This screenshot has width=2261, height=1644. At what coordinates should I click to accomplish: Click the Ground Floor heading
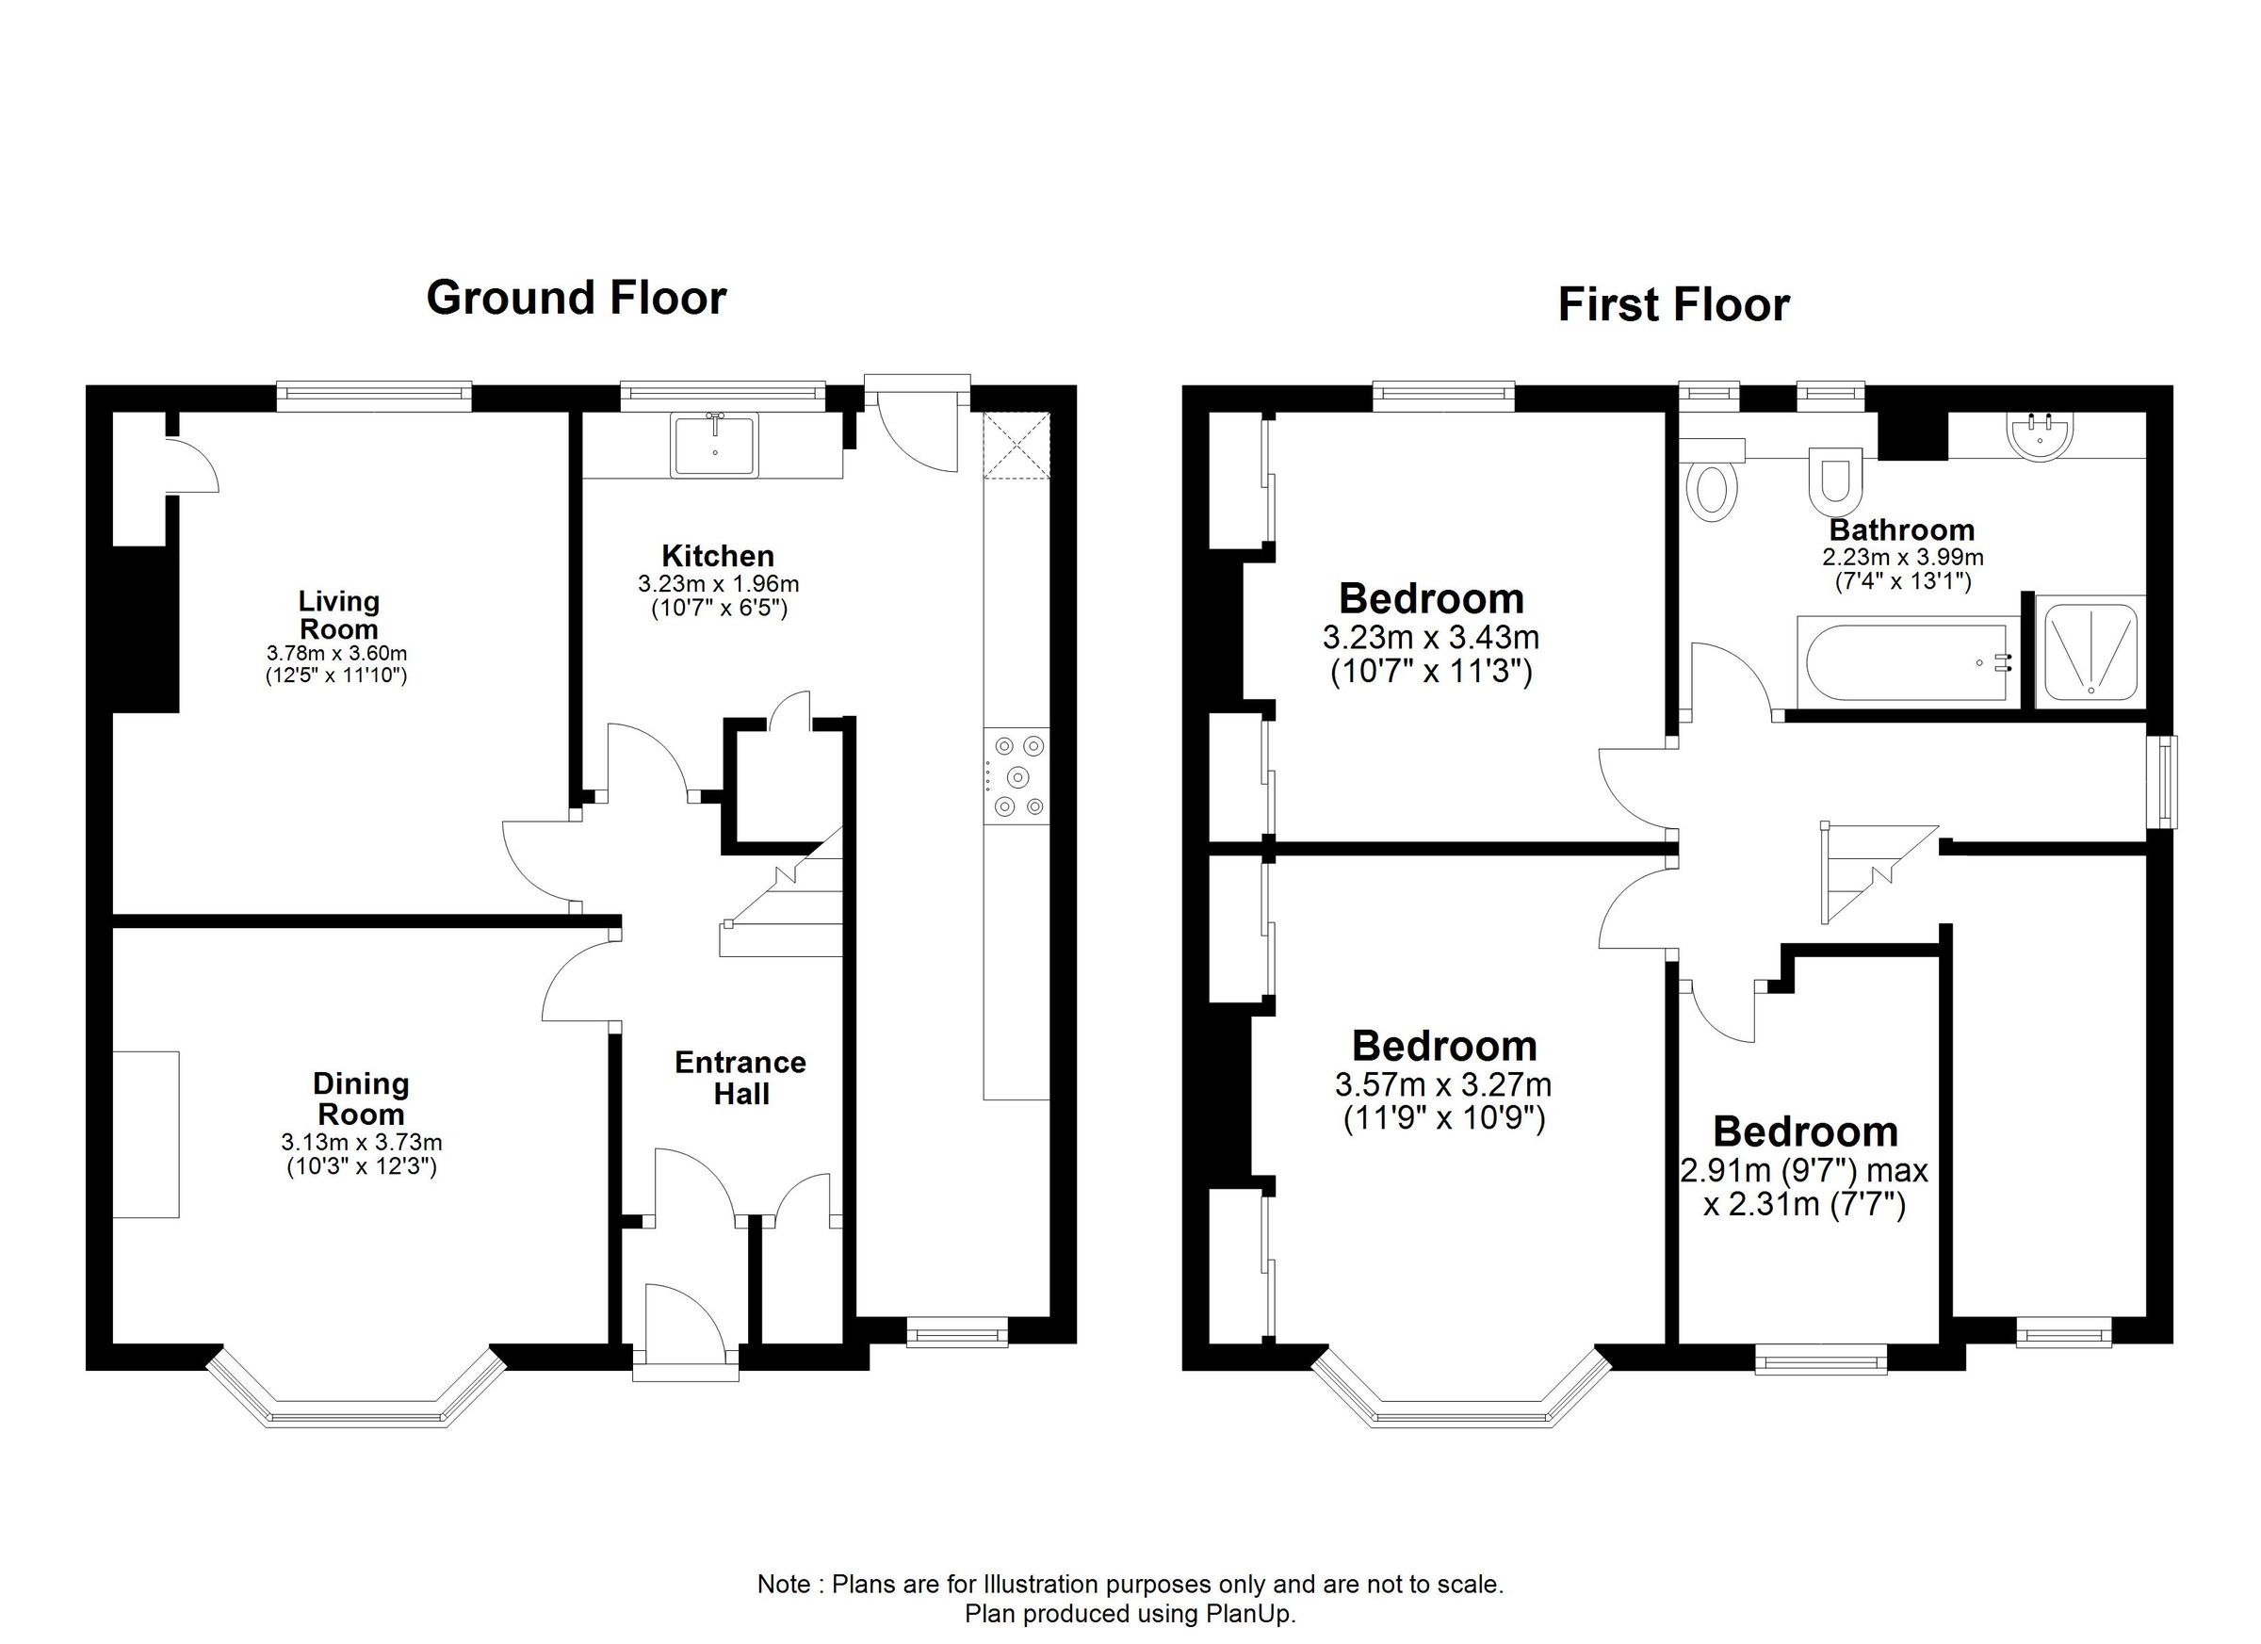click(x=577, y=298)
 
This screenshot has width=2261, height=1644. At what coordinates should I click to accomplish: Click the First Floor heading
click(x=1673, y=305)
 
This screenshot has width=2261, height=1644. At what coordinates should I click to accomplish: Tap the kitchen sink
click(x=715, y=445)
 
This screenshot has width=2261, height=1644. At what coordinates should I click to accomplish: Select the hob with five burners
click(x=1016, y=775)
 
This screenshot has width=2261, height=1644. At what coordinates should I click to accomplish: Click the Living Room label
click(x=338, y=615)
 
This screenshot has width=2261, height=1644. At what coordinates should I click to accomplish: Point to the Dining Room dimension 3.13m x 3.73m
click(x=361, y=1143)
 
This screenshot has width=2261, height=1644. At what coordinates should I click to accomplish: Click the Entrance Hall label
click(x=740, y=1078)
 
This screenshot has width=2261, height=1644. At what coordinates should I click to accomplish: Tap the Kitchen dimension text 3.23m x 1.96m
click(x=718, y=584)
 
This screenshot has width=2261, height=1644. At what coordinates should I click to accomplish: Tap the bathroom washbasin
click(x=2038, y=436)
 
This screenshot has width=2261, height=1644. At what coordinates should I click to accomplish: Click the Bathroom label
click(x=1901, y=529)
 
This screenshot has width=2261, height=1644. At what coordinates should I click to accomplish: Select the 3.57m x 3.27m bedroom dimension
click(x=1442, y=1084)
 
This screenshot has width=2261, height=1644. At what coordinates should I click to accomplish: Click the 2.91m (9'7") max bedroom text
click(x=1803, y=1169)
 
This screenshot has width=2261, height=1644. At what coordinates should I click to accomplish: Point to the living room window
click(x=374, y=397)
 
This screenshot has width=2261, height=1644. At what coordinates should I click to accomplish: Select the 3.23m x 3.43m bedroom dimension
click(x=1431, y=637)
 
